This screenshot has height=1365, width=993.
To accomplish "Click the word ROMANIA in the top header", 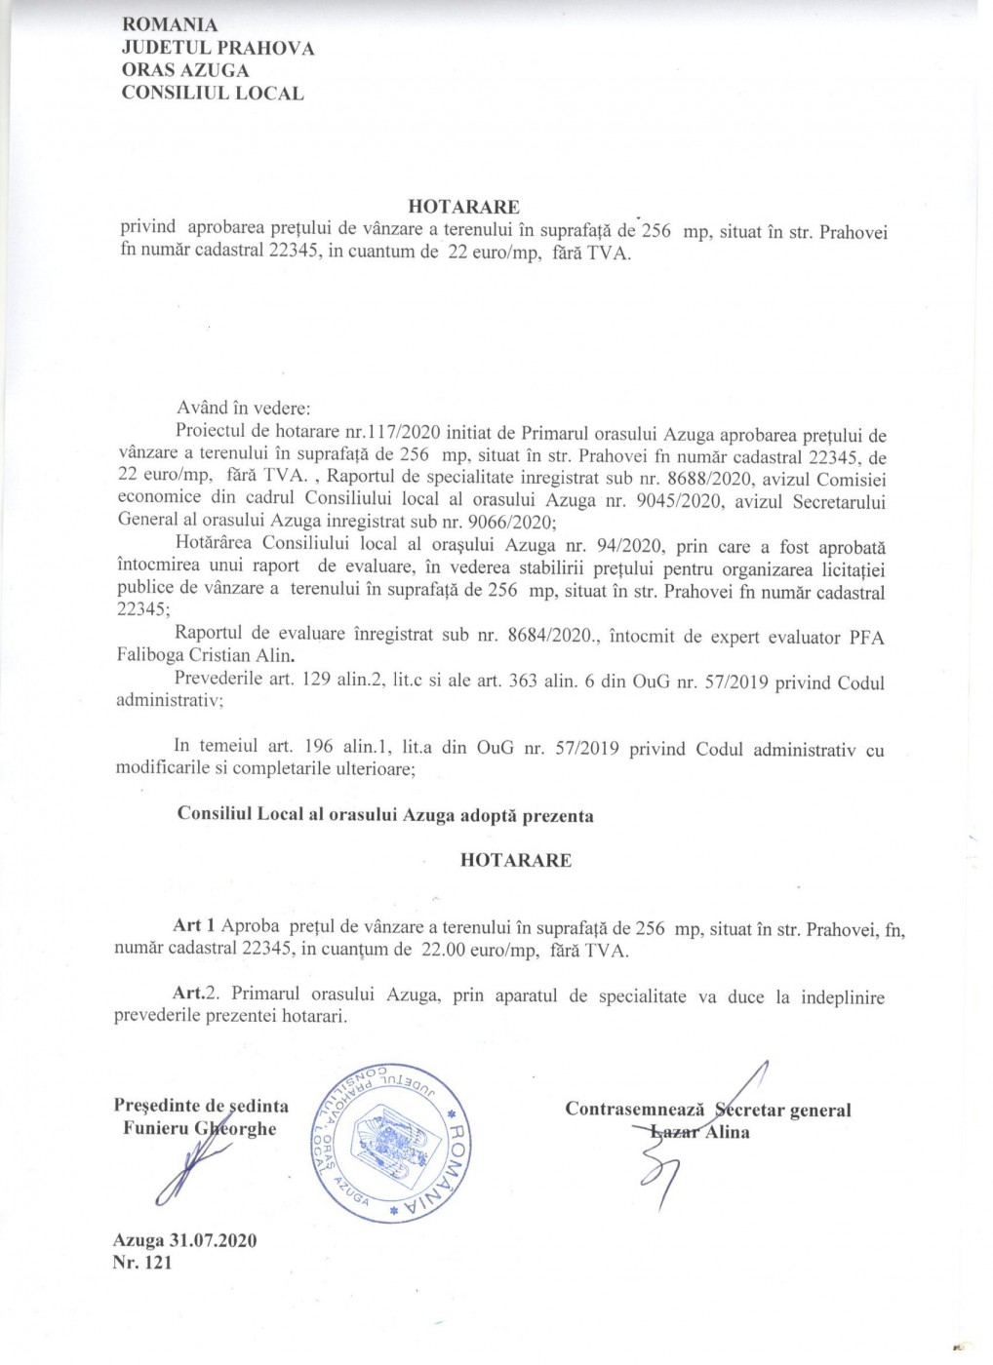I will tap(170, 25).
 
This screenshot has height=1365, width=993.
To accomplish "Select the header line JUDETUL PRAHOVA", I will tap(218, 48).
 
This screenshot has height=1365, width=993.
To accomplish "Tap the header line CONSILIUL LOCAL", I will tap(212, 94).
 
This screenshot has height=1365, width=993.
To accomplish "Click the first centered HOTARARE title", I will tap(463, 207).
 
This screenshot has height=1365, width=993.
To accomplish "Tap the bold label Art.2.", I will tap(195, 994).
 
